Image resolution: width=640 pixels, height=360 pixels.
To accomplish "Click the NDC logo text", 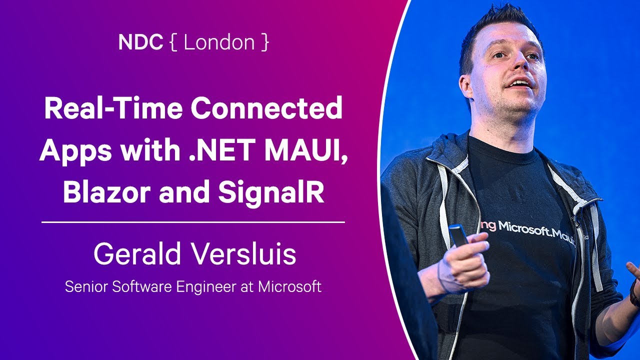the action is pyautogui.click(x=140, y=42).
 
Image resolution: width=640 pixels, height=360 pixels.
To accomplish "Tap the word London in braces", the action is pyautogui.click(x=219, y=42).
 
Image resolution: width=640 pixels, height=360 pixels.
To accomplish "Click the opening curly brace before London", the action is pyautogui.click(x=173, y=42).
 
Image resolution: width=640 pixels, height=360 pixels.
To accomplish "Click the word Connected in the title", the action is pyautogui.click(x=266, y=108).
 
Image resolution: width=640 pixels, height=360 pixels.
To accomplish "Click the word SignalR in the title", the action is pyautogui.click(x=271, y=193).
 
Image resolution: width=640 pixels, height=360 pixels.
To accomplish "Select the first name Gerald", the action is pyautogui.click(x=137, y=253).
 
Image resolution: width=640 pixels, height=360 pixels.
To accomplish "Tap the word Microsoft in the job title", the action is pyautogui.click(x=289, y=286).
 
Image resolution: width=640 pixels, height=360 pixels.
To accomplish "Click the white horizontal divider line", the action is pyautogui.click(x=193, y=222).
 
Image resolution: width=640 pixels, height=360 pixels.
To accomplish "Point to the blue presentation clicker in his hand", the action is pyautogui.click(x=457, y=235).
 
